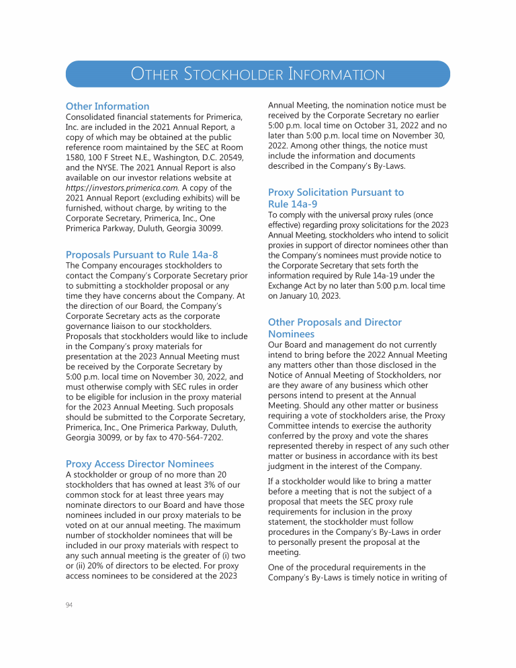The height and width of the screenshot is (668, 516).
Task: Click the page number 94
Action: click(x=69, y=605)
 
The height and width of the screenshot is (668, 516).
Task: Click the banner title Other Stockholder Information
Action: click(x=258, y=74)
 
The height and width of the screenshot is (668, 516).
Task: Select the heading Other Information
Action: click(x=107, y=106)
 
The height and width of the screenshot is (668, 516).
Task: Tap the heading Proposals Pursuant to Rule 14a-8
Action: click(x=142, y=254)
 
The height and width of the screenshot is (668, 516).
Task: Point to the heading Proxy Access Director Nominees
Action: click(x=140, y=463)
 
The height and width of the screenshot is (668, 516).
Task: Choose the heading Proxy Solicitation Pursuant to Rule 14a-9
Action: click(x=336, y=198)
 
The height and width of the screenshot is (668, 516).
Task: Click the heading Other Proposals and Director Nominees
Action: click(x=335, y=328)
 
